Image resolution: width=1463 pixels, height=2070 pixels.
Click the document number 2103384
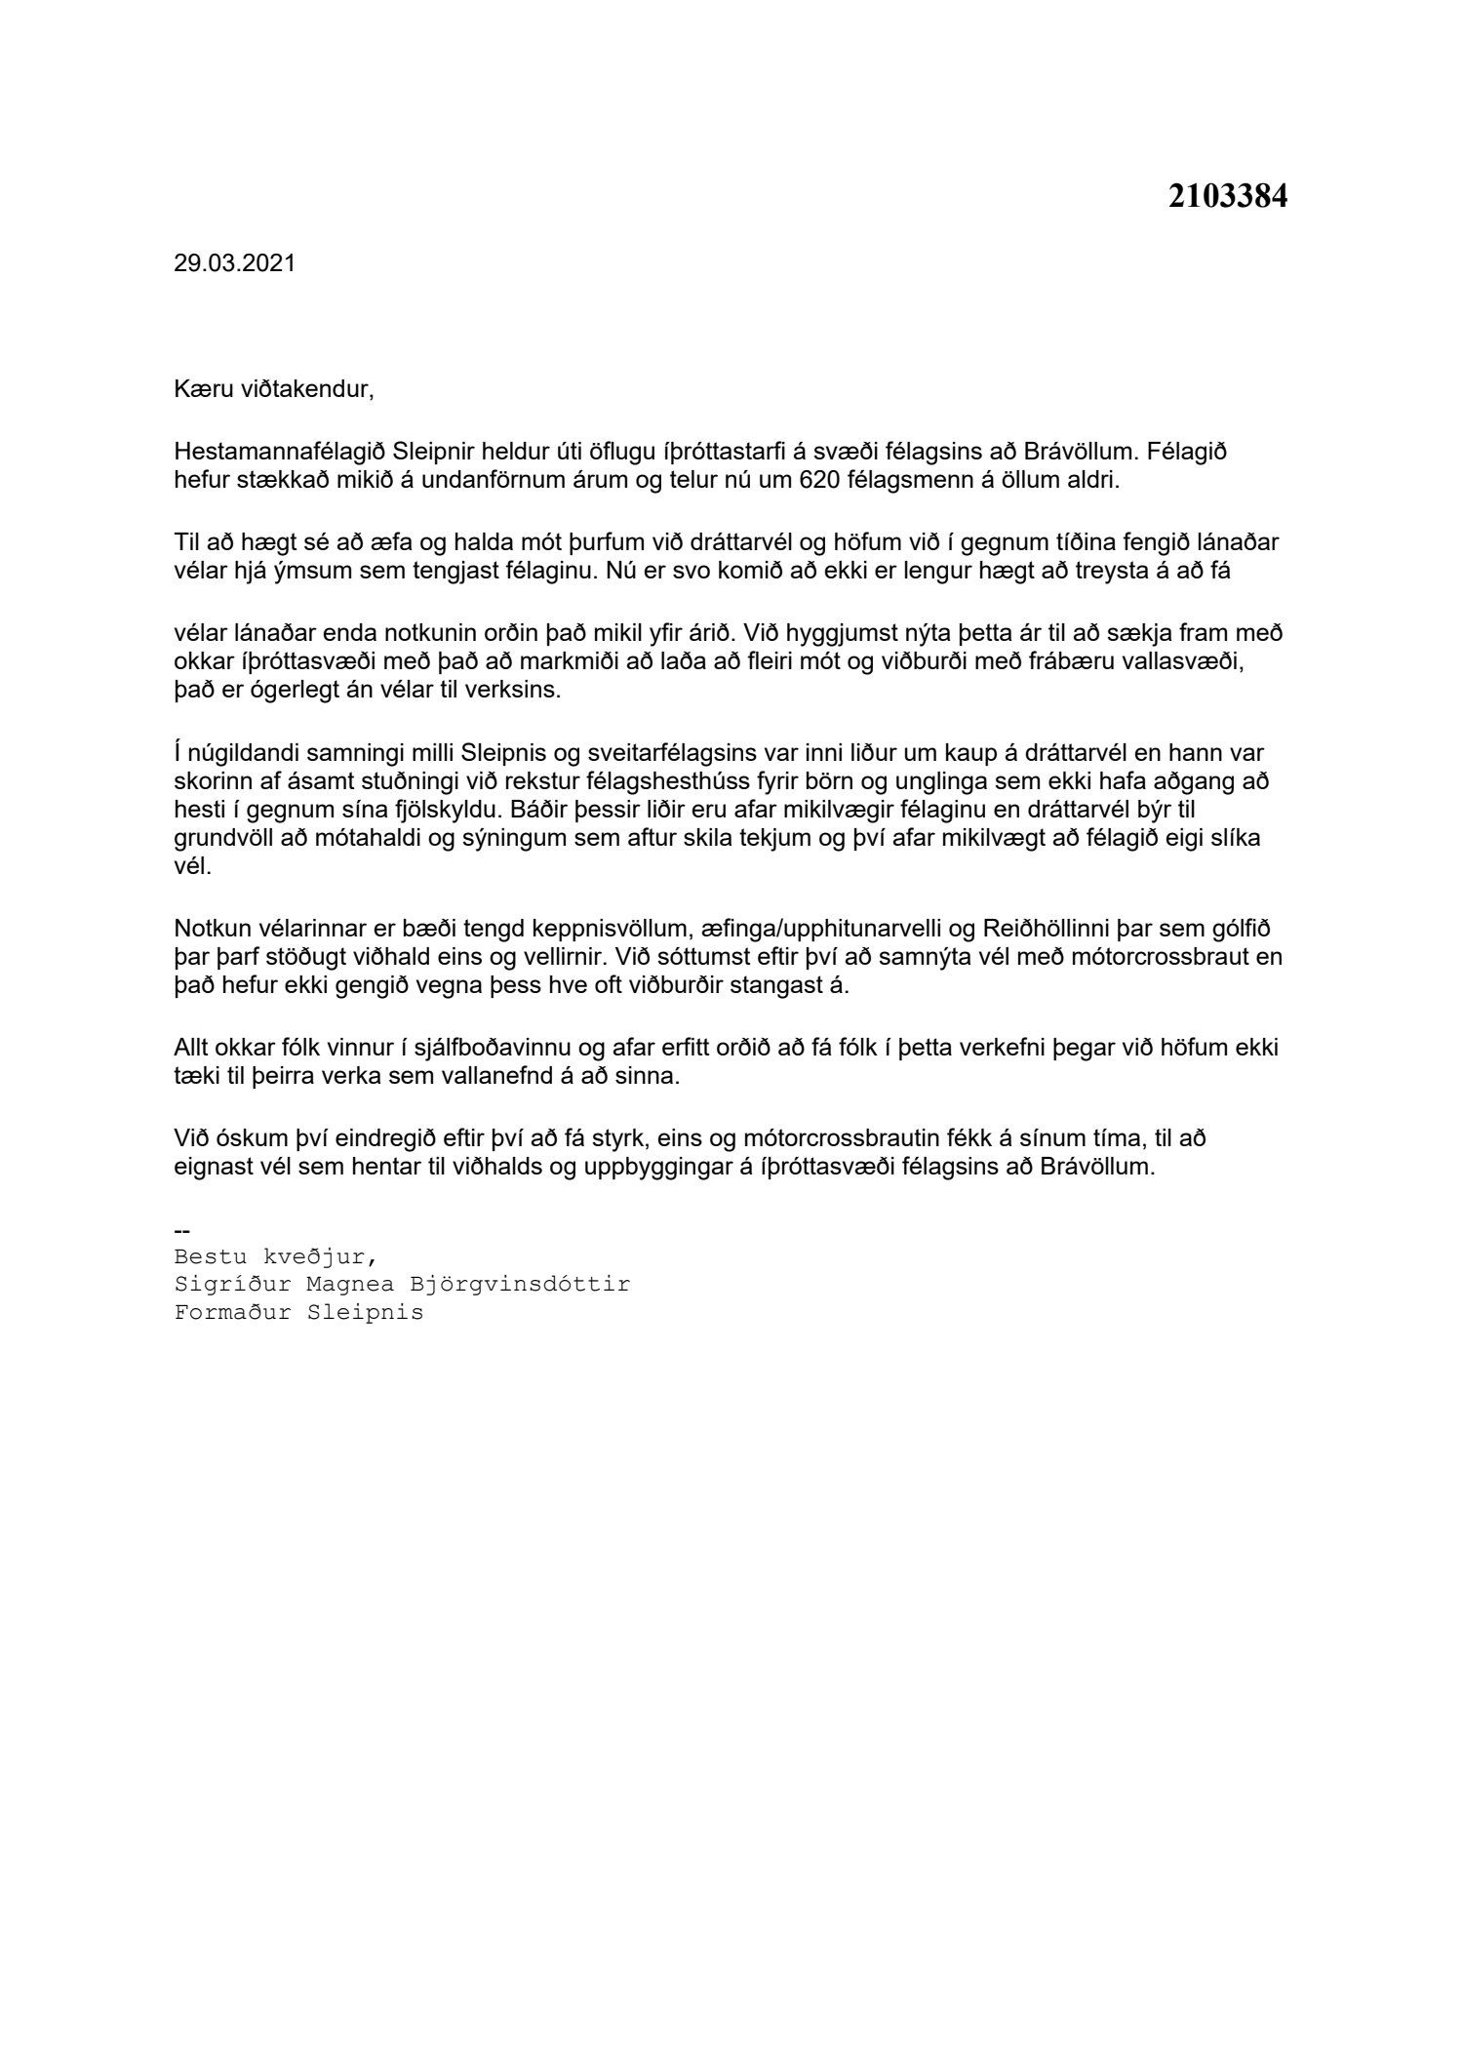[1227, 197]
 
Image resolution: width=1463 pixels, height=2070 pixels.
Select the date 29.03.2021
[234, 264]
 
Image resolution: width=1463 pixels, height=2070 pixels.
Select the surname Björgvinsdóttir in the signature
[520, 1285]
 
